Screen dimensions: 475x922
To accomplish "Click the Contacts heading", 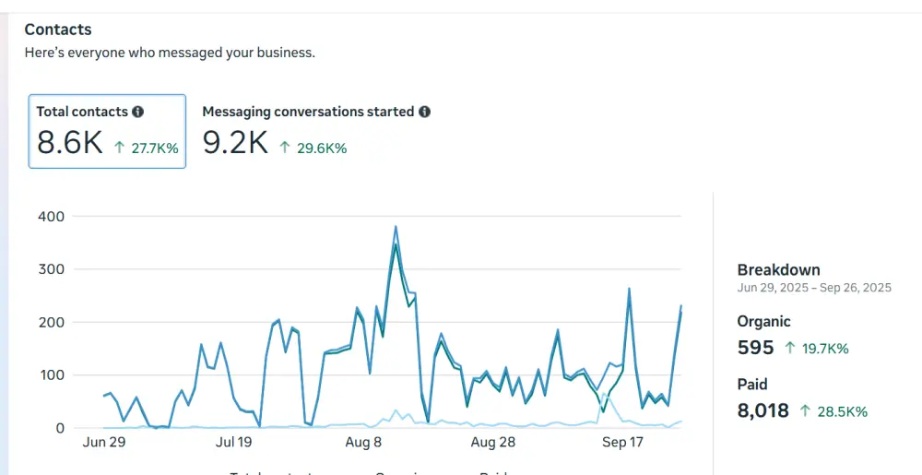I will point(58,30).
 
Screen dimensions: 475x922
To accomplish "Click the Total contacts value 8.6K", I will point(70,143).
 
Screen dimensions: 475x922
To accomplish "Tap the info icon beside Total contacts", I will point(137,112).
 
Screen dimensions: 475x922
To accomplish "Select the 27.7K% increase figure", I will point(146,148).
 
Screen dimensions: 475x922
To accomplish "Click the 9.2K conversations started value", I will point(235,143).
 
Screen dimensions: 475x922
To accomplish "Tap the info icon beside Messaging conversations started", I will point(424,112).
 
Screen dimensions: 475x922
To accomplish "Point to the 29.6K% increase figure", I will point(313,148).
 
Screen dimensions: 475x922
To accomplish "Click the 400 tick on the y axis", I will point(51,217).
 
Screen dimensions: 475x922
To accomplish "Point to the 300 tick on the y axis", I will point(51,269).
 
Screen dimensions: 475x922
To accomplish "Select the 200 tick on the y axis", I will point(51,322).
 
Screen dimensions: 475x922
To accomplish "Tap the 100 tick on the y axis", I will point(51,375).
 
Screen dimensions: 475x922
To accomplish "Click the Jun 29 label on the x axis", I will point(104,443).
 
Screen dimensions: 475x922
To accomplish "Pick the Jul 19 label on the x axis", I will point(233,443).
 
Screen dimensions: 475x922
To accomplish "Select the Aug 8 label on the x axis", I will point(363,443).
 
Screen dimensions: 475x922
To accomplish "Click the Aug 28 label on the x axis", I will point(493,443).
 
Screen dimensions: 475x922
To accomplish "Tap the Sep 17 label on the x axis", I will point(622,443).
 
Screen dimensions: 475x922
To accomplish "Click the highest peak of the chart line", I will point(396,227).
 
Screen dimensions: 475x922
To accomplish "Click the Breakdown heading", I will point(778,270).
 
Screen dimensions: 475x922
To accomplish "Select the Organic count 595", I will point(755,348).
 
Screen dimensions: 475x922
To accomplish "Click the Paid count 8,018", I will point(763,410).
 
